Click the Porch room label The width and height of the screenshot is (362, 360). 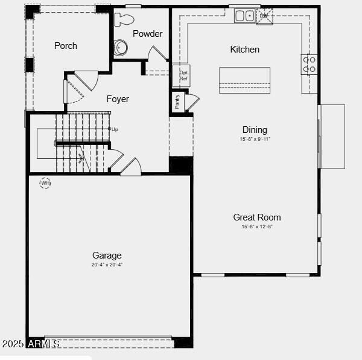[x=66, y=46]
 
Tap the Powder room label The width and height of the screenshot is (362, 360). [x=148, y=34]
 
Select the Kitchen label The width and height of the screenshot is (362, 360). [x=245, y=50]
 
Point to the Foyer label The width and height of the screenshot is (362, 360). [x=118, y=99]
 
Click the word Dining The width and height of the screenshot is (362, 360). [x=255, y=130]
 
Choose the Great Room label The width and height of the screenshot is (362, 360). [x=257, y=217]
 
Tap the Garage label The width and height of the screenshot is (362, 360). [x=107, y=256]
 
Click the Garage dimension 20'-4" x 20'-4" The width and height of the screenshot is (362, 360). [x=107, y=265]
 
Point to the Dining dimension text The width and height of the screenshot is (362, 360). [x=255, y=139]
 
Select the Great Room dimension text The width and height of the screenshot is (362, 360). [x=257, y=227]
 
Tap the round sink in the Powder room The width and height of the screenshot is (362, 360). [x=121, y=47]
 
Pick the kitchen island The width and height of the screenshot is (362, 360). [x=244, y=80]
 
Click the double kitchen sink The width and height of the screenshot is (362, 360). [x=244, y=15]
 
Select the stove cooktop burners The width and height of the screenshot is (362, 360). [x=309, y=65]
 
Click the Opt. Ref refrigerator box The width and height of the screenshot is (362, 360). [x=183, y=76]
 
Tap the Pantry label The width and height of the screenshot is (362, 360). [x=177, y=101]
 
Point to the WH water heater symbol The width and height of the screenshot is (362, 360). [x=45, y=182]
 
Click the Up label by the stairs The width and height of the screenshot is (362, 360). [x=115, y=129]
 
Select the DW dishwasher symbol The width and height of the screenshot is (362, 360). [x=264, y=15]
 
